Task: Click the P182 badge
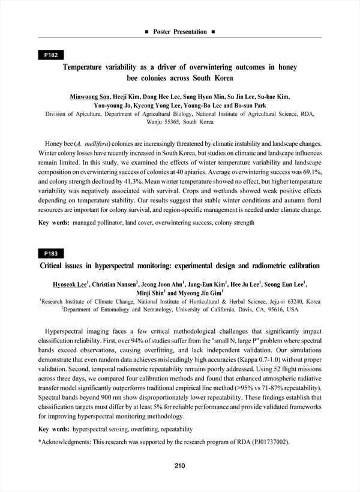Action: point(51,55)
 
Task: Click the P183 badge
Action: point(51,253)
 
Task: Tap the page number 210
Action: point(180,466)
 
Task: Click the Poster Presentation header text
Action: point(180,31)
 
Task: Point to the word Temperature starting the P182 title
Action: point(89,68)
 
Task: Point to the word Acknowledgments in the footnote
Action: point(65,442)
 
